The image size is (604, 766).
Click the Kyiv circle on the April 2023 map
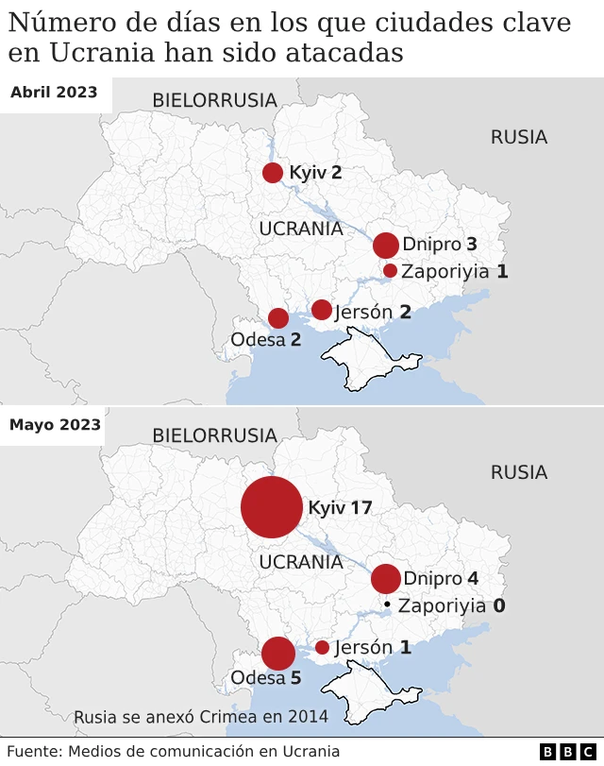tap(273, 172)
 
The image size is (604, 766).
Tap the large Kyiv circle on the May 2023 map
tap(272, 507)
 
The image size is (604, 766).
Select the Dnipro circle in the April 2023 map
tap(386, 246)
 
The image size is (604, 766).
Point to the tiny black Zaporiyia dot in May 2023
tap(387, 604)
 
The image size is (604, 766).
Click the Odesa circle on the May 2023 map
tap(278, 654)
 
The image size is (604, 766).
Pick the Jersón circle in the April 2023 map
tap(322, 310)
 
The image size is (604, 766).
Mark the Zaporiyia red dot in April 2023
tap(390, 271)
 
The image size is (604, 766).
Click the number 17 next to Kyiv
tap(361, 508)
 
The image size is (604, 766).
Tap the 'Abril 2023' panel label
tap(54, 92)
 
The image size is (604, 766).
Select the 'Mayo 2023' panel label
tap(55, 424)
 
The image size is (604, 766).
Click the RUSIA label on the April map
tap(518, 138)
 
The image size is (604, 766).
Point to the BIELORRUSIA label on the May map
tap(214, 435)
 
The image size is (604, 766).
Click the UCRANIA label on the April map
tap(300, 229)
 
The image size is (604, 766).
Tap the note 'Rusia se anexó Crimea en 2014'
tap(201, 717)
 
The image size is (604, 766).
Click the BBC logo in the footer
tap(569, 752)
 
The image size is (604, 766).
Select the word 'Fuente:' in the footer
tap(32, 752)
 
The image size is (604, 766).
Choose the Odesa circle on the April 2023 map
tap(278, 318)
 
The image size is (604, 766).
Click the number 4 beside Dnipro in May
tap(472, 579)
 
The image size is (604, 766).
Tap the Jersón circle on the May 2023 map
tap(322, 647)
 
